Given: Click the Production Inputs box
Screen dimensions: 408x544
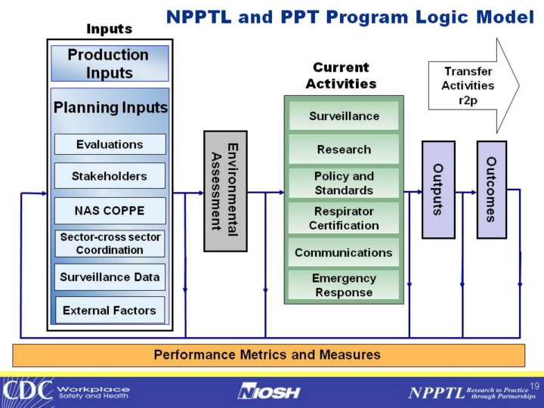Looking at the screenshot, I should (110, 63).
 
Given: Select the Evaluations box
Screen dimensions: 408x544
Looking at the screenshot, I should (110, 144).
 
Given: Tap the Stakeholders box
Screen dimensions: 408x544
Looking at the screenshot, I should (110, 176).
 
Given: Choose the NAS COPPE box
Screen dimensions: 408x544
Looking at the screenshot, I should (110, 210).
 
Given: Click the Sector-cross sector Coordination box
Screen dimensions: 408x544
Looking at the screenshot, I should (110, 243).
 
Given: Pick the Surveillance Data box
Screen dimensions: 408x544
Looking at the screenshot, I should (110, 277).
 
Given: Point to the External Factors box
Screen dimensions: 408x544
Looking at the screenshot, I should (110, 310).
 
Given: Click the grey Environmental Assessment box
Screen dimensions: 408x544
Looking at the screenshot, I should (225, 190).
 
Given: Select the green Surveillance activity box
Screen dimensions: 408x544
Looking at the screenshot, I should (344, 116).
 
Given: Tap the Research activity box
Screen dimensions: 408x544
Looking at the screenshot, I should (344, 150).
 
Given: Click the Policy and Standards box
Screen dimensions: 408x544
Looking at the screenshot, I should (344, 183).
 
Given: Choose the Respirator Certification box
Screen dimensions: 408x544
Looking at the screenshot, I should (344, 218).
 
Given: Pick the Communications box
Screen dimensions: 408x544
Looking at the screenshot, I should (344, 252).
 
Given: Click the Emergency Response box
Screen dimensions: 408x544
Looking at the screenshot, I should (344, 286).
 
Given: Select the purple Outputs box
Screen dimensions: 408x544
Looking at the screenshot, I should (438, 189).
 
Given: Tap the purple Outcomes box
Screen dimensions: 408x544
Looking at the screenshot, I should (491, 189).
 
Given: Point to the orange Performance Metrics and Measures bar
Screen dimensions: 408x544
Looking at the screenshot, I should (268, 354).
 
